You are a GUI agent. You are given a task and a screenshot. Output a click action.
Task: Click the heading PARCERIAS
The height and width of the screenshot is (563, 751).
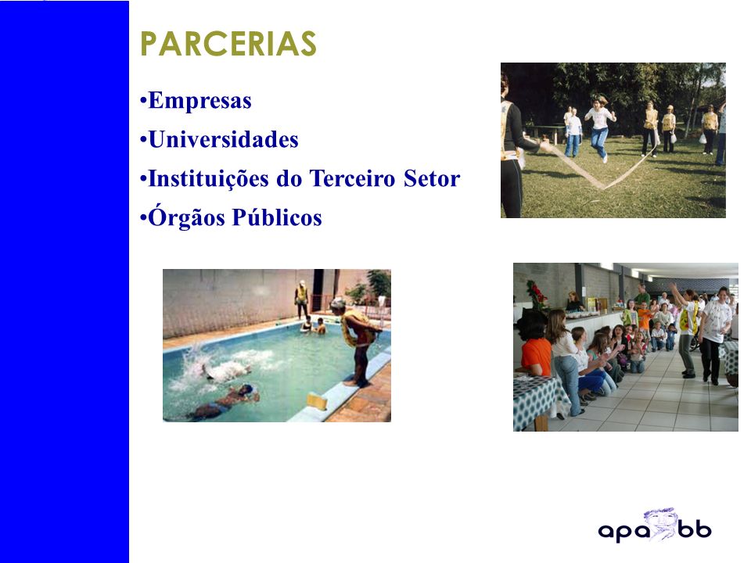(228, 44)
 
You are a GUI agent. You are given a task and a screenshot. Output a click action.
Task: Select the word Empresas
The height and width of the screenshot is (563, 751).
(199, 101)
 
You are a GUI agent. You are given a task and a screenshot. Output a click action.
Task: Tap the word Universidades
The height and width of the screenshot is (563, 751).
(223, 139)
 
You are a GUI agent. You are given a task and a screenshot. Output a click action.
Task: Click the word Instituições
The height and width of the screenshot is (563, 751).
(208, 178)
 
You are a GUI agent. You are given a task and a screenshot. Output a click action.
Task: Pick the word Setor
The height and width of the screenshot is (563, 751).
(432, 178)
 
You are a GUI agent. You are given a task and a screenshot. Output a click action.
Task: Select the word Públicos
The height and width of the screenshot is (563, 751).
(277, 217)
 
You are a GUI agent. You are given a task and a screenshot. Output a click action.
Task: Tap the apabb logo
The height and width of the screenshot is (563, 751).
(655, 525)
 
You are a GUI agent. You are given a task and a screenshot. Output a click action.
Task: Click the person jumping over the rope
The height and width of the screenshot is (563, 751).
(600, 127)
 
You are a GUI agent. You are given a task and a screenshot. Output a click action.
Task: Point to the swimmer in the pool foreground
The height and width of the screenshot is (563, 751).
(225, 402)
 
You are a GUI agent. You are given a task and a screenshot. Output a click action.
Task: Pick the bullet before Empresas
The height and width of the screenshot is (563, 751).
(142, 101)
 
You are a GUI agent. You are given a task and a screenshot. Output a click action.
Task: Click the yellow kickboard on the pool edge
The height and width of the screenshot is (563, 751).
(317, 401)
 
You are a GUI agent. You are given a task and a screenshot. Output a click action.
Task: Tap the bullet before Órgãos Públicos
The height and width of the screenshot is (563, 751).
(142, 218)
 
